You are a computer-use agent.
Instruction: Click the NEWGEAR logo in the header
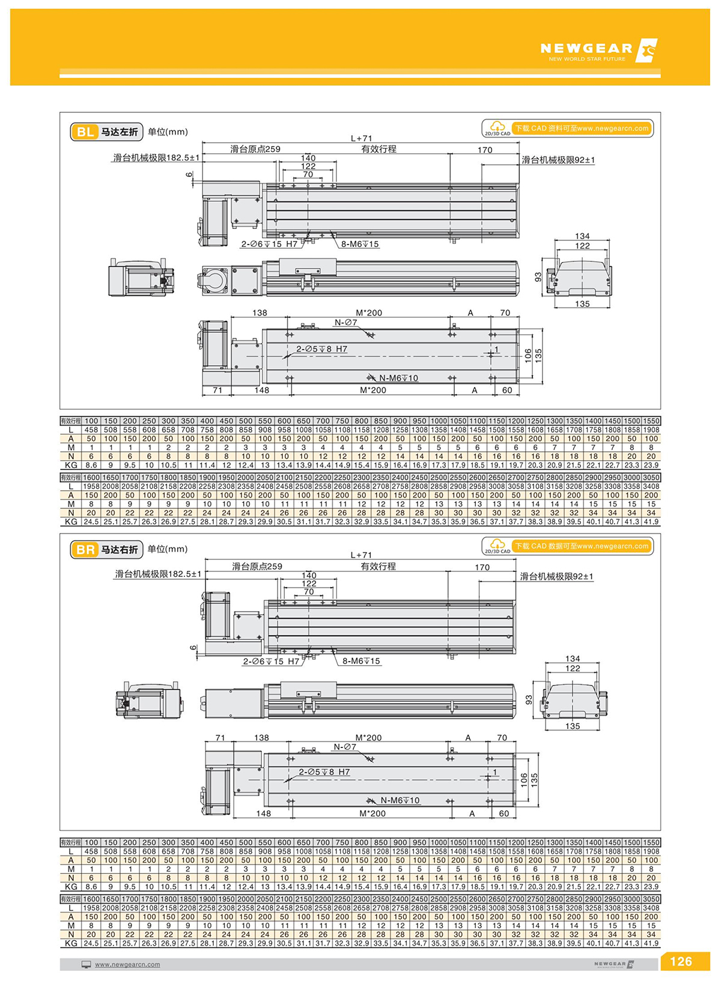[x=598, y=50]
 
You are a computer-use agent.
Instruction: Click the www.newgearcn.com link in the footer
[x=127, y=964]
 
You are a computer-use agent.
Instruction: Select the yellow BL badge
[x=85, y=132]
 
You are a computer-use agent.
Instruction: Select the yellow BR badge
[x=85, y=549]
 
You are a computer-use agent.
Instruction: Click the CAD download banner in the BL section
[x=567, y=129]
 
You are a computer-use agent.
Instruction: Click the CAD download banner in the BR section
[x=567, y=546]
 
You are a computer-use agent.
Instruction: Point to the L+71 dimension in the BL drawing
[x=361, y=138]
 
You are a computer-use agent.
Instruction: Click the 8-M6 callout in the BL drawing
[x=360, y=244]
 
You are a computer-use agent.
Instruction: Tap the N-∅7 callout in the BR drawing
[x=345, y=747]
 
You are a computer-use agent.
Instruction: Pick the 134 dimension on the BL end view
[x=582, y=236]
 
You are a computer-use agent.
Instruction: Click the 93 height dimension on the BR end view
[x=529, y=699]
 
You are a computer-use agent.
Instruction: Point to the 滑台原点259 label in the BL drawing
[x=255, y=149]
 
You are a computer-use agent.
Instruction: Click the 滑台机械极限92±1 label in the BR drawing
[x=556, y=576]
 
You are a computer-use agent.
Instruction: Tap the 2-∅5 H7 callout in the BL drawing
[x=321, y=349]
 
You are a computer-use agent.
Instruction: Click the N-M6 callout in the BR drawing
[x=400, y=800]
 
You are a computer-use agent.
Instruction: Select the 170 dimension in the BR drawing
[x=482, y=567]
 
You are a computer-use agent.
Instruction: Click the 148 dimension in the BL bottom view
[x=261, y=390]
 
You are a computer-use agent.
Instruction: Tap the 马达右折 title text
[x=120, y=549]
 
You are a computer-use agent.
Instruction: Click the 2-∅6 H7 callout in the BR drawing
[x=271, y=661]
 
